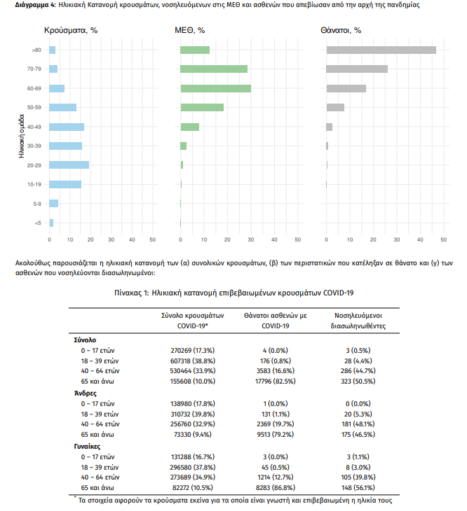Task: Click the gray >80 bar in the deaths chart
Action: point(381,50)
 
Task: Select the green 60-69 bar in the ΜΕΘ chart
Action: point(216,88)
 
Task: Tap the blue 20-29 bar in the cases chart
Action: point(69,165)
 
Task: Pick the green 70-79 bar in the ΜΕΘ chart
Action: point(214,69)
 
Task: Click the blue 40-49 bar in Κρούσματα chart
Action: point(67,127)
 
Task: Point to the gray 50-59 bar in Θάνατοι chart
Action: point(335,107)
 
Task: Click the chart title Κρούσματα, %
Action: point(71,30)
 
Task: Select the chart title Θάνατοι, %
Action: point(341,30)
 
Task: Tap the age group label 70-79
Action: point(34,69)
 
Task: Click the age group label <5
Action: point(38,223)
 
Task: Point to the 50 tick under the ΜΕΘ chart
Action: point(297,239)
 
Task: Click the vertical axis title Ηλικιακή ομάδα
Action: point(22,136)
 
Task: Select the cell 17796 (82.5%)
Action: point(276,381)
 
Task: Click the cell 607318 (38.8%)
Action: point(193,361)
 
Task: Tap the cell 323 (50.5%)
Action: point(358,381)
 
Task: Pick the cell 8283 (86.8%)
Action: point(276,488)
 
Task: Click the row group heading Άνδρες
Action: point(85,393)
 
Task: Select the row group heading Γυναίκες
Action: point(87,447)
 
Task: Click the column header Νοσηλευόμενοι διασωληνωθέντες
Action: point(358,321)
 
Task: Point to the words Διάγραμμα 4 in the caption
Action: point(34,5)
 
